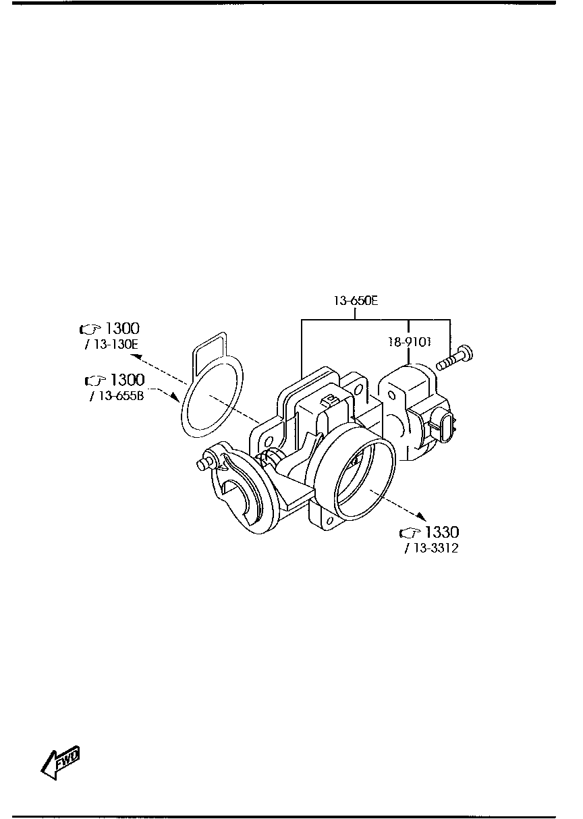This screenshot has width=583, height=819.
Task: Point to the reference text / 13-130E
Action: (x=109, y=345)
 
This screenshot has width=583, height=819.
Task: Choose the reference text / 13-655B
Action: (x=116, y=396)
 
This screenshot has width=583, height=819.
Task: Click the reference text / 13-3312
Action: (x=431, y=548)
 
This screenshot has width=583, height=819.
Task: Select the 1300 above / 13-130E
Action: (x=122, y=329)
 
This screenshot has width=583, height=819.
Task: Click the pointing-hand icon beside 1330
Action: (x=410, y=533)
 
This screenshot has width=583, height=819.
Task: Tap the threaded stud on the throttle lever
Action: (x=202, y=465)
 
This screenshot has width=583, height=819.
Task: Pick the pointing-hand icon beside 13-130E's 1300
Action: (x=90, y=329)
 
